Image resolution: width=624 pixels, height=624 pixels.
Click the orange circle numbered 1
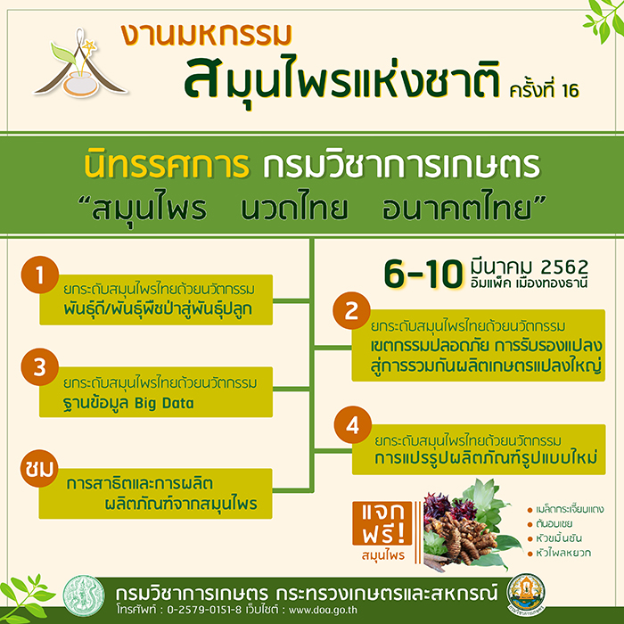click(x=40, y=275)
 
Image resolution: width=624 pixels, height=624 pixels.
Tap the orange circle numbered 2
click(x=351, y=310)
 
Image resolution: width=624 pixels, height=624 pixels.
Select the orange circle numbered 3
click(x=40, y=367)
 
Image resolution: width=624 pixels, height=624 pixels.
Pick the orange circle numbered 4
click(x=353, y=424)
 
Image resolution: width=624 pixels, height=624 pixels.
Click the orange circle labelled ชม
click(x=39, y=468)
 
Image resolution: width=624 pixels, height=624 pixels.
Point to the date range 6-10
click(x=423, y=274)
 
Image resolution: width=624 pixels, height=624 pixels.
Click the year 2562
click(x=564, y=267)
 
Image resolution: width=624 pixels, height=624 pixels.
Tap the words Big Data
click(x=164, y=403)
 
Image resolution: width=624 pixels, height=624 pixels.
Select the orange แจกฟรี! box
click(x=382, y=523)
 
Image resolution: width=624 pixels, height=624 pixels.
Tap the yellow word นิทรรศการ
click(x=167, y=165)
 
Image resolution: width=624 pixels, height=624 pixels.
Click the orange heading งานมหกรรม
click(x=207, y=35)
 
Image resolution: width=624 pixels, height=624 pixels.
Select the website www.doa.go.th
click(x=323, y=610)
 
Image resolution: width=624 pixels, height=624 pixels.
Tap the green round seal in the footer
click(x=84, y=595)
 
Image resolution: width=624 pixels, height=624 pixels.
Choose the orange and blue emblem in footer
click(x=526, y=595)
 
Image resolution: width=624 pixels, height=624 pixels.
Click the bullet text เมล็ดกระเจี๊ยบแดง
click(x=570, y=509)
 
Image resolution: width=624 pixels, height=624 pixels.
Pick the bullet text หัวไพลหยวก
click(x=563, y=553)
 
